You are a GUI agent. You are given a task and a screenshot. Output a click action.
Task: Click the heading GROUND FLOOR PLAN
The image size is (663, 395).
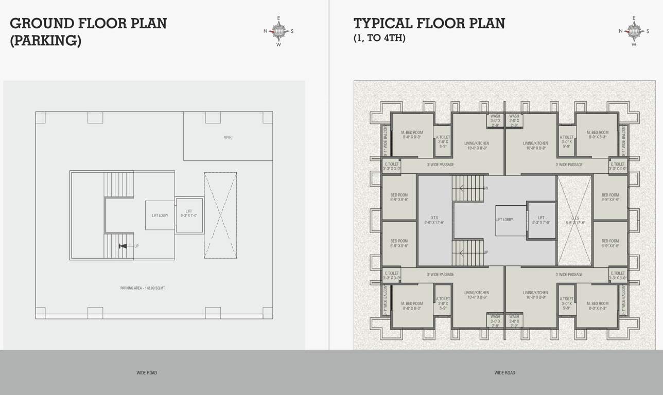tap(88, 24)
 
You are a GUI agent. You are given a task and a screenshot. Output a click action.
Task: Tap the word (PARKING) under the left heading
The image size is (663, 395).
tap(45, 41)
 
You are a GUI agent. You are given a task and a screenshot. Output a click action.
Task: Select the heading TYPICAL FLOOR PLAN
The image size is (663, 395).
tap(429, 24)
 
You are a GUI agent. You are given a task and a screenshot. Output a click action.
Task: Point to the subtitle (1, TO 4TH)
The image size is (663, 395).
tap(379, 38)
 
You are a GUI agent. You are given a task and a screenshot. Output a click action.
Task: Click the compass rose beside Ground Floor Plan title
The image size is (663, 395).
tap(279, 31)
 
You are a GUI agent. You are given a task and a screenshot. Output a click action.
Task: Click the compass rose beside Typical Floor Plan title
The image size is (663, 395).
tap(634, 31)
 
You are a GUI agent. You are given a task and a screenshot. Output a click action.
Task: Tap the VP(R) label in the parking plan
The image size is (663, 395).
tap(228, 137)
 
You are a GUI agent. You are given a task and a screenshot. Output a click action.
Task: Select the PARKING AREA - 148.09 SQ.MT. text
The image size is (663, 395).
tap(143, 288)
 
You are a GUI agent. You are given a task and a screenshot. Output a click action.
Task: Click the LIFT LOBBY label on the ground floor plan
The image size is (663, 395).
tap(160, 216)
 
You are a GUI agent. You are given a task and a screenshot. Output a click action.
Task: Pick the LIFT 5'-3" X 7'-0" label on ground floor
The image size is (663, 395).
tap(189, 213)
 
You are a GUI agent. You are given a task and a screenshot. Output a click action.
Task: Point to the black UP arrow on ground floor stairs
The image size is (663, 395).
tap(123, 246)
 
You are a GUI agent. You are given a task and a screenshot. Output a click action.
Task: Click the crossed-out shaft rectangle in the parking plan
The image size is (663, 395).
tap(220, 215)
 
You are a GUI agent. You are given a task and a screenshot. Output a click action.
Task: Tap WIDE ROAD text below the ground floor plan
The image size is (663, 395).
tap(147, 373)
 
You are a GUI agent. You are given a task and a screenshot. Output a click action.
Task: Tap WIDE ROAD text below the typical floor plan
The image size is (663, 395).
tap(504, 373)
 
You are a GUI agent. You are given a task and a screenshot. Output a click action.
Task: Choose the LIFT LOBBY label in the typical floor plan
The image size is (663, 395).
tap(504, 220)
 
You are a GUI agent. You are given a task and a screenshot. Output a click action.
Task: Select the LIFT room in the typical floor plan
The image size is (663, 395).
tap(541, 220)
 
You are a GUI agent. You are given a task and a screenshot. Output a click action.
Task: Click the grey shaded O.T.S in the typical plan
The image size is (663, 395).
tap(434, 220)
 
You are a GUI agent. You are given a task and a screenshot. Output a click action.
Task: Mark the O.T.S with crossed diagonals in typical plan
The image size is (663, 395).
tap(574, 220)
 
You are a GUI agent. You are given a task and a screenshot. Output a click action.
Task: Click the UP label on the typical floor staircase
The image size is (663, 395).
tap(486, 252)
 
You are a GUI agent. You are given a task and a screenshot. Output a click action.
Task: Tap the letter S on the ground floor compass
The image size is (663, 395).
tap(292, 31)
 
